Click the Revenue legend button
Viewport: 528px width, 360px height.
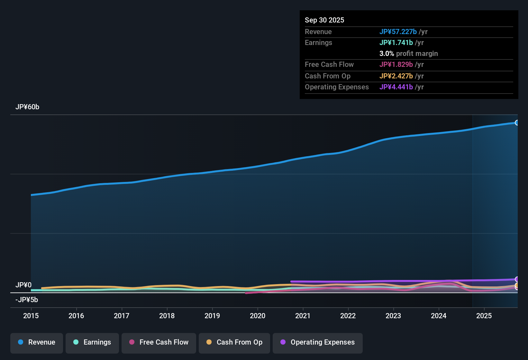37,342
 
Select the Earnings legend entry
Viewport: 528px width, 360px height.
92,342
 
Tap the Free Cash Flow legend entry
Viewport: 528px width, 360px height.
159,342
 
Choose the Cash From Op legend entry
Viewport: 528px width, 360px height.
234,342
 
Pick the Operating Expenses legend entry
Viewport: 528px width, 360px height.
318,342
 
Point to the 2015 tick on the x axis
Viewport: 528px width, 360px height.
31,316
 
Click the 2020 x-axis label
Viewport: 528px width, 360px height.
258,316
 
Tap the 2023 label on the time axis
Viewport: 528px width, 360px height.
393,316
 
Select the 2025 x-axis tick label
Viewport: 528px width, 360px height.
484,316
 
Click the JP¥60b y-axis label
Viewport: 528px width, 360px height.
27,107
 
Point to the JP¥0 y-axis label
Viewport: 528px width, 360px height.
23,285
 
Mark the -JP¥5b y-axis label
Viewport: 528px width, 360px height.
27,300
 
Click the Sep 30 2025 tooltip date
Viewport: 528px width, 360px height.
324,20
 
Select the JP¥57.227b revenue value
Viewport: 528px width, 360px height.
398,32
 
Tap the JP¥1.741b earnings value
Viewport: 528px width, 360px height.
396,42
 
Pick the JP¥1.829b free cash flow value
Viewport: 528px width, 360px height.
396,64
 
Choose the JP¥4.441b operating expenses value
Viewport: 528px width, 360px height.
396,87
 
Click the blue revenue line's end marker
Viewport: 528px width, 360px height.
517,122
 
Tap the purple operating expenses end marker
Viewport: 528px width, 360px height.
517,279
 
